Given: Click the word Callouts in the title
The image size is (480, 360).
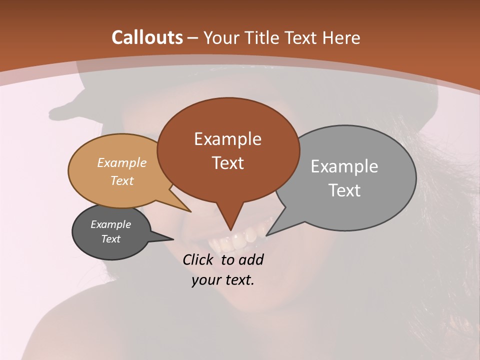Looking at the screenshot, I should [x=147, y=37].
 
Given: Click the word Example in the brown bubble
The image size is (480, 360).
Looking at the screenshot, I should [x=227, y=139].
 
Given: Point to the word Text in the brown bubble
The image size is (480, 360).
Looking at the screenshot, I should [x=227, y=163].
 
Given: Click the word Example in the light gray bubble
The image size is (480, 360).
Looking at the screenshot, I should [x=344, y=166].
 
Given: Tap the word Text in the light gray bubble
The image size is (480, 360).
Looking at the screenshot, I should [x=344, y=190].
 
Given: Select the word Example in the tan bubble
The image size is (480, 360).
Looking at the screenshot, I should [x=122, y=163].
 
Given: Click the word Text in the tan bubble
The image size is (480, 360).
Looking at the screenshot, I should [x=122, y=181].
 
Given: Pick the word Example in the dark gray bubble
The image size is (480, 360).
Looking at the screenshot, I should [x=111, y=224].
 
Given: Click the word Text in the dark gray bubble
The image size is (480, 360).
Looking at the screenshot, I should [x=111, y=239].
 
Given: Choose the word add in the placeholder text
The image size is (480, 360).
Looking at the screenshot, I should [x=251, y=259].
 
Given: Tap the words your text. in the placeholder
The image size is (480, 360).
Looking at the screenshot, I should [x=223, y=280].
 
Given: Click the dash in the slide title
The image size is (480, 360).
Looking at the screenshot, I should [x=193, y=38].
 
